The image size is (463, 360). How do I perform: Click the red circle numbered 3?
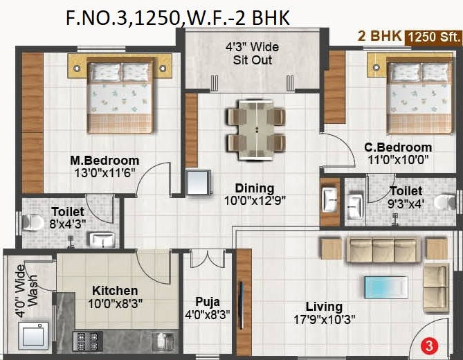tap(429, 345)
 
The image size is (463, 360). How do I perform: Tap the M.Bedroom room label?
tap(105, 161)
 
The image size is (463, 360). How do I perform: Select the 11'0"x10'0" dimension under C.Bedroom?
tap(398, 160)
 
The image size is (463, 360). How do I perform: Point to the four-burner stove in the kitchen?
tap(88, 341)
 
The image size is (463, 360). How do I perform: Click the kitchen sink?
tap(163, 342)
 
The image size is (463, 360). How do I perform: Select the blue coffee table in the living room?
tap(386, 287)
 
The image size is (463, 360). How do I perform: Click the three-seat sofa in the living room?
tap(383, 249)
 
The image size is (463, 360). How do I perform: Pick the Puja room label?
tap(208, 302)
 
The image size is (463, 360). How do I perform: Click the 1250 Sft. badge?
tap(434, 37)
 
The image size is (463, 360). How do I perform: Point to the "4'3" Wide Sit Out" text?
tap(252, 53)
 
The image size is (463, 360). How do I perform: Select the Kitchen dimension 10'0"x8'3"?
tap(116, 303)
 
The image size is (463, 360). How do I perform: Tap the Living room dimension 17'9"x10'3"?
tap(324, 320)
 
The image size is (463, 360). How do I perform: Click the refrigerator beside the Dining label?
tap(199, 182)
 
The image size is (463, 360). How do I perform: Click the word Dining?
tap(255, 188)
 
